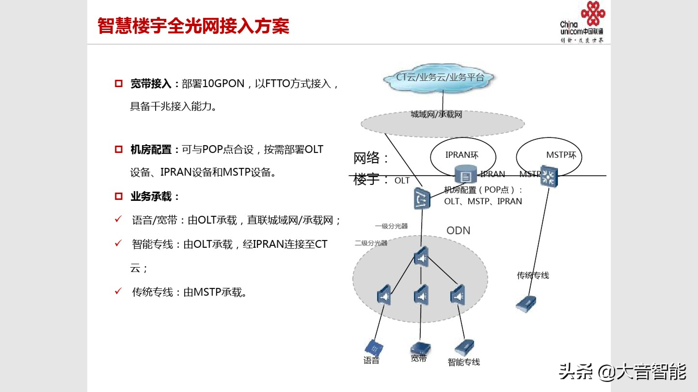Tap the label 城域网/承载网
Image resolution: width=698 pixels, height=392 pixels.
click(436, 114)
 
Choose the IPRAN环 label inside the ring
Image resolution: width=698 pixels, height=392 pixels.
click(462, 155)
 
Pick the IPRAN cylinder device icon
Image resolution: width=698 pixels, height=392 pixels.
click(465, 174)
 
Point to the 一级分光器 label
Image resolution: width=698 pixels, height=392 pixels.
click(391, 226)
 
